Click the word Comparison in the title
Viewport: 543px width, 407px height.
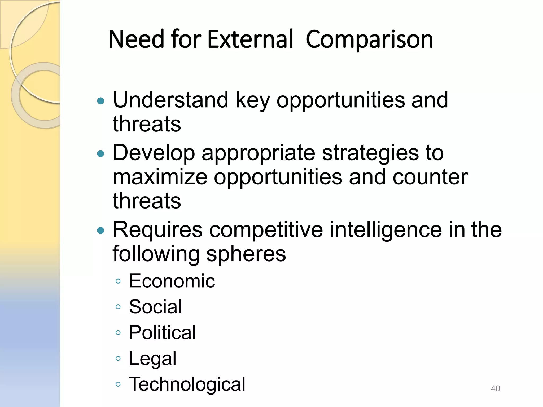(369, 40)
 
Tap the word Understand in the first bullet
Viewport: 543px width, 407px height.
(170, 100)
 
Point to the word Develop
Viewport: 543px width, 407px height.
(154, 153)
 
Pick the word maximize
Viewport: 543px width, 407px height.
(160, 177)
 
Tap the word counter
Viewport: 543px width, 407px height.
(430, 177)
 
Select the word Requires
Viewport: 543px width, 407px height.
(157, 230)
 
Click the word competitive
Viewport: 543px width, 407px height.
(266, 230)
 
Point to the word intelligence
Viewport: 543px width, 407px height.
(386, 230)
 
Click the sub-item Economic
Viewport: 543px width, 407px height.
(172, 281)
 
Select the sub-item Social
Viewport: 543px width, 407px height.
(155, 307)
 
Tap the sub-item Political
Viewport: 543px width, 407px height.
(162, 333)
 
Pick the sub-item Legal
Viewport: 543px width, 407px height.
(152, 359)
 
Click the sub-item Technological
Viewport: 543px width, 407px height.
(187, 384)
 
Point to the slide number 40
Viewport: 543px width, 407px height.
(495, 388)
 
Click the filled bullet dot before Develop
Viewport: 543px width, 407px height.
(101, 153)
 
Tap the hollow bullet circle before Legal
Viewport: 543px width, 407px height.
(118, 359)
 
